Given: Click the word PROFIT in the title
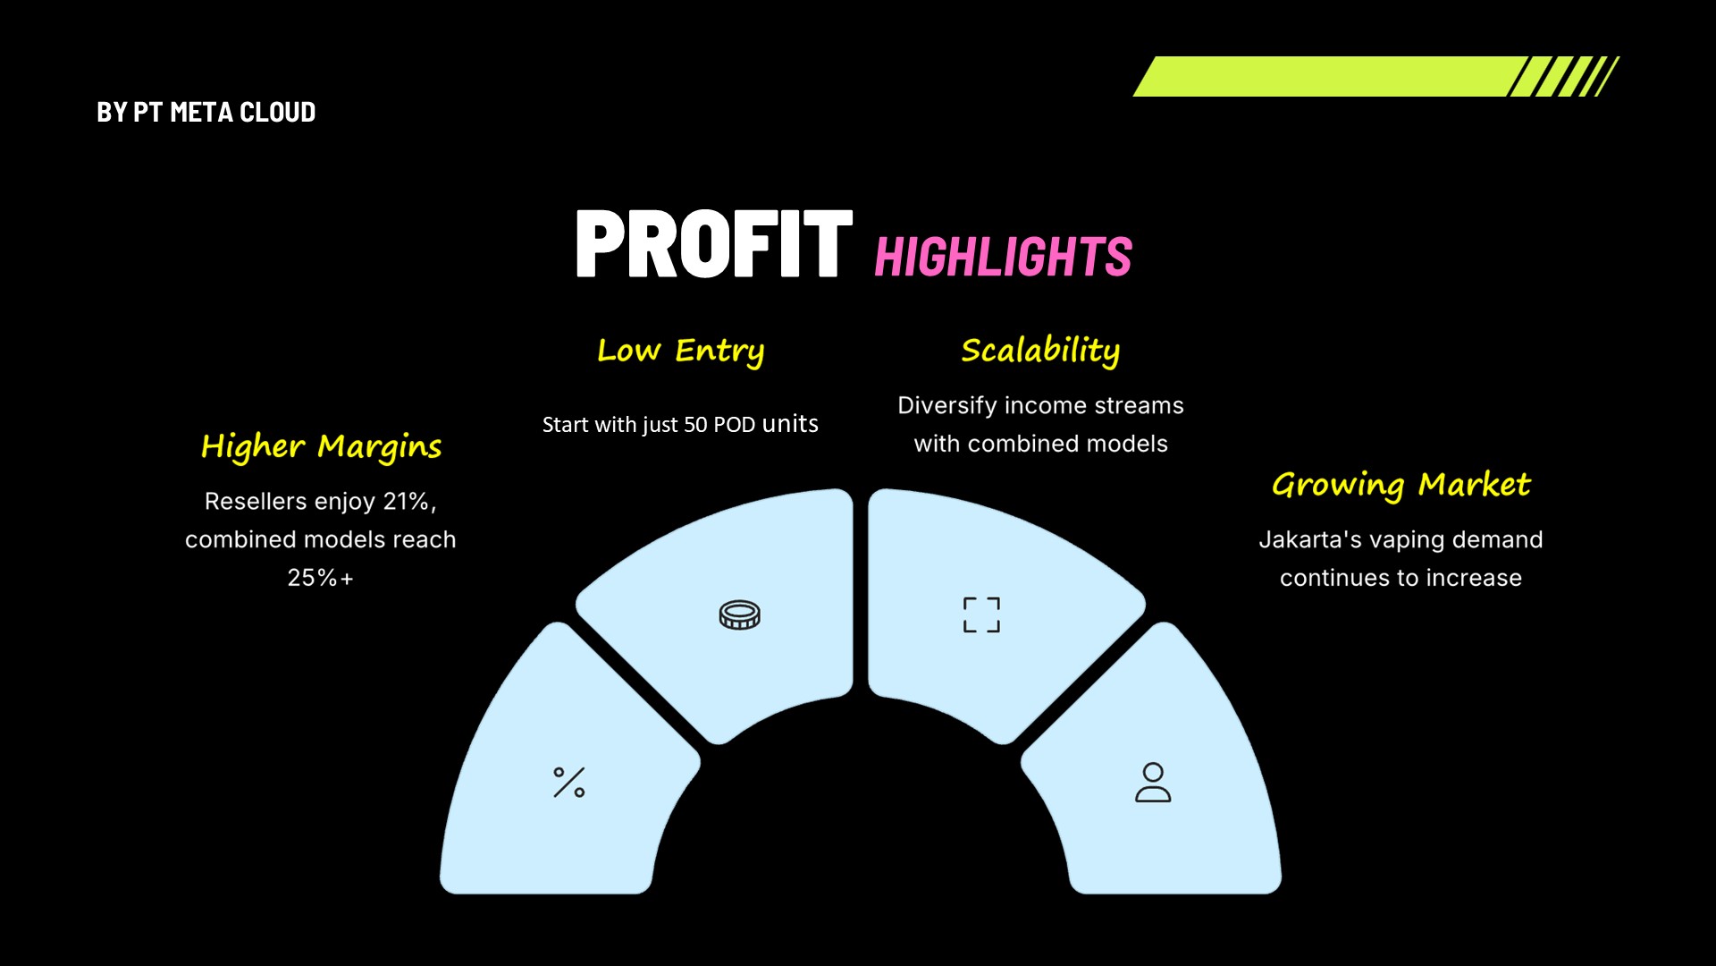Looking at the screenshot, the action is [714, 243].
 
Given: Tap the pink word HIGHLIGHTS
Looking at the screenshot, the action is [1004, 257].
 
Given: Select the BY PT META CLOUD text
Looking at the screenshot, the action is [206, 113].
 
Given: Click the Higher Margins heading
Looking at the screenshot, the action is [322, 446].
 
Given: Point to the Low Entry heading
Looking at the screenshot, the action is [681, 351].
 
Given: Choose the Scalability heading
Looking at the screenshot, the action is [1040, 351].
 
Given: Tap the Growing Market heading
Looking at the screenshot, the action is [1401, 485].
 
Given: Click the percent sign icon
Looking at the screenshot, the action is [569, 783].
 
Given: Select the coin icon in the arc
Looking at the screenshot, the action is [740, 615].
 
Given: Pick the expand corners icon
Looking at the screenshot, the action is [981, 615].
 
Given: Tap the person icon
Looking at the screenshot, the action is [1153, 783].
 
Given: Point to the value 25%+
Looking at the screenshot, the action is [321, 578].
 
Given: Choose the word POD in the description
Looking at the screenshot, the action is [735, 425].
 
